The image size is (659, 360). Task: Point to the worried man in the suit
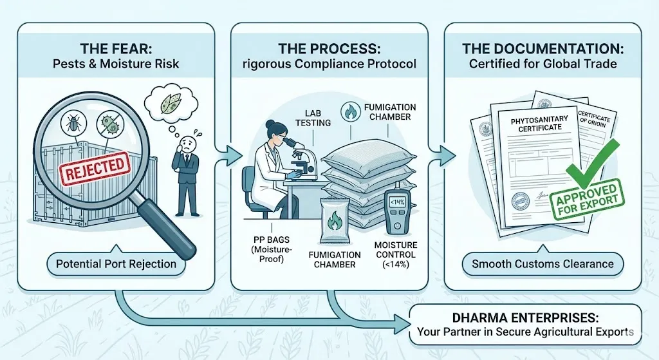pos(187,169)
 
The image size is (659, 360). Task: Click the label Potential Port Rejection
pos(116,264)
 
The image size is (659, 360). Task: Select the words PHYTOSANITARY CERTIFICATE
pos(535,123)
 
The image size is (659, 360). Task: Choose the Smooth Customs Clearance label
pos(543,264)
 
